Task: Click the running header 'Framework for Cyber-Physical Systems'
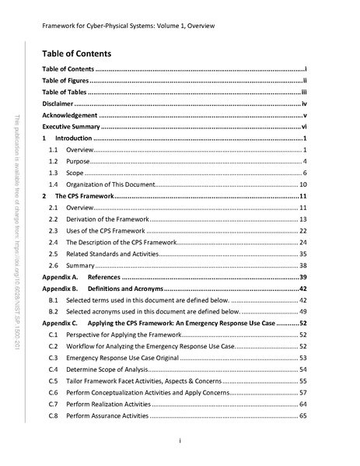(x=128, y=26)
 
